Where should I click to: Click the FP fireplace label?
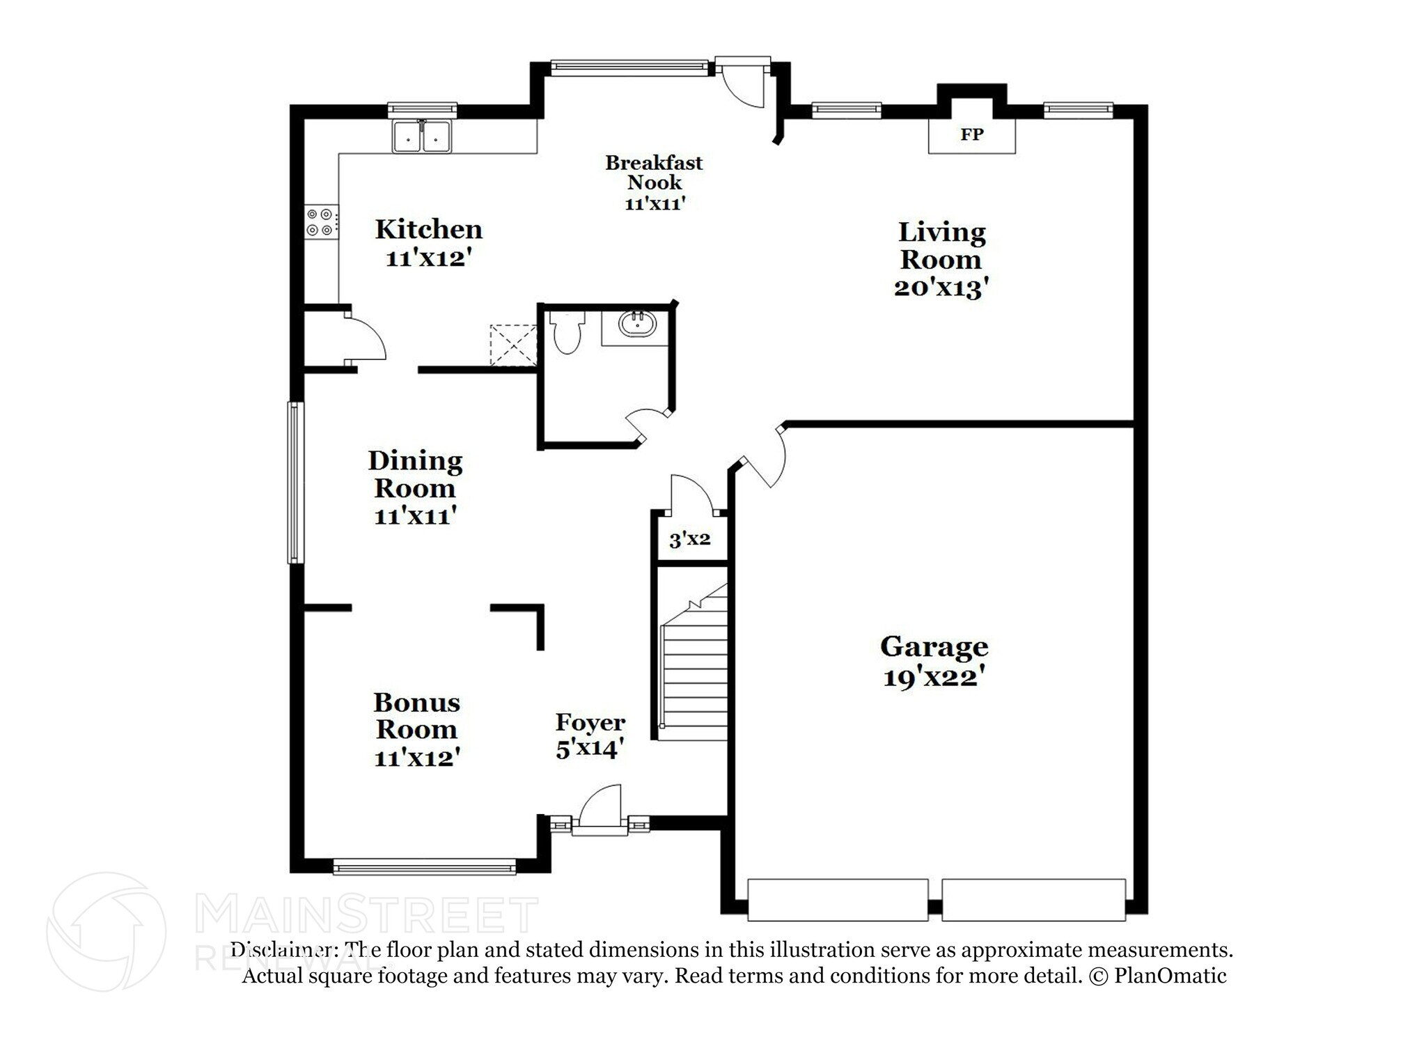pos(971,134)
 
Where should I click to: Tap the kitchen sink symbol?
pos(421,136)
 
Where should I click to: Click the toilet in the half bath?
pos(567,333)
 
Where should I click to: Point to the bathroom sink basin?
pos(637,325)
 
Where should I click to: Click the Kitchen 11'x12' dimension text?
pos(429,258)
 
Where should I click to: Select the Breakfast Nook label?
pos(654,173)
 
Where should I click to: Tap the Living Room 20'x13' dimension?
pos(941,288)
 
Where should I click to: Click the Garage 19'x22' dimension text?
pos(933,677)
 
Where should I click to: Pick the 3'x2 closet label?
pos(689,539)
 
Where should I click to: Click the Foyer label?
pos(590,723)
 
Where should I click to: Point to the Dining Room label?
pos(415,474)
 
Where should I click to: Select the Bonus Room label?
pos(416,716)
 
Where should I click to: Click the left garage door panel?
pos(837,899)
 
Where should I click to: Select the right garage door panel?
pos(1033,899)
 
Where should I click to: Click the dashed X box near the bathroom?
pos(513,345)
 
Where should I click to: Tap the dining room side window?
pos(295,482)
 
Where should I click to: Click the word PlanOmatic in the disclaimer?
pos(1170,976)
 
